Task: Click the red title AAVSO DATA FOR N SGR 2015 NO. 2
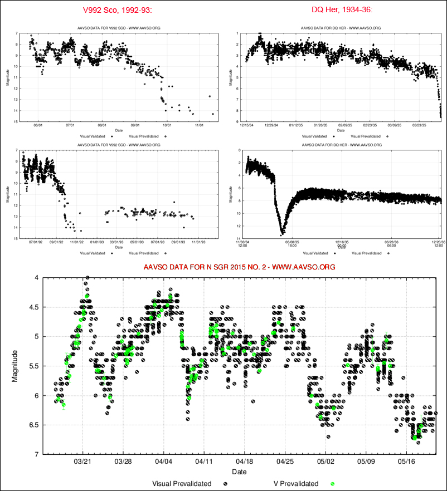240,267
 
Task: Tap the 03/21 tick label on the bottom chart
82,462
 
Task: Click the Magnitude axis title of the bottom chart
16,366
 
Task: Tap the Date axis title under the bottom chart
240,472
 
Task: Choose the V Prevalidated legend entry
296,483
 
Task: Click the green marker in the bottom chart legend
333,483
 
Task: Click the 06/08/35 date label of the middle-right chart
293,242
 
